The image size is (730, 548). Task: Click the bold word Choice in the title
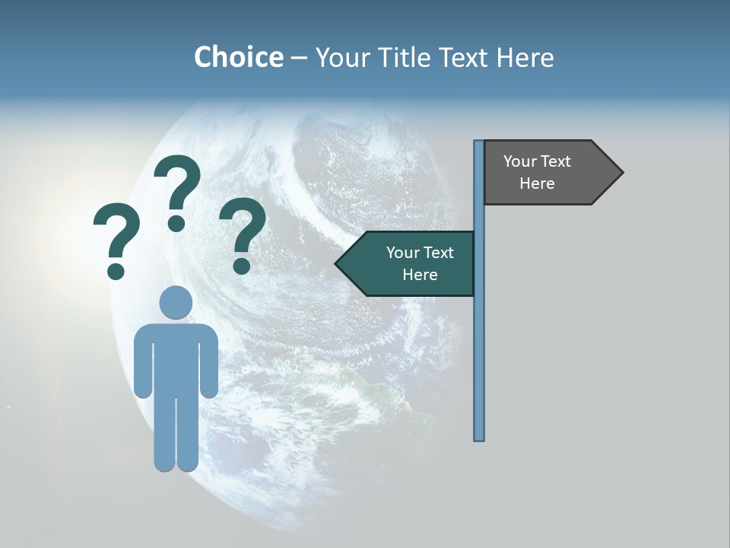click(238, 57)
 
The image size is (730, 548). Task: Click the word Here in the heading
click(525, 57)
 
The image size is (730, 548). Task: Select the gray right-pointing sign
click(544, 173)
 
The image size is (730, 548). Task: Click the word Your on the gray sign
click(519, 161)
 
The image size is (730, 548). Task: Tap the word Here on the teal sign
click(420, 275)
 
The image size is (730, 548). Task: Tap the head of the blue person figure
click(176, 302)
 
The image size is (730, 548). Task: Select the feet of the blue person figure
click(176, 463)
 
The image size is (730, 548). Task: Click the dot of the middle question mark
click(176, 223)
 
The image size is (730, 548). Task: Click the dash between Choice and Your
click(299, 58)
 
